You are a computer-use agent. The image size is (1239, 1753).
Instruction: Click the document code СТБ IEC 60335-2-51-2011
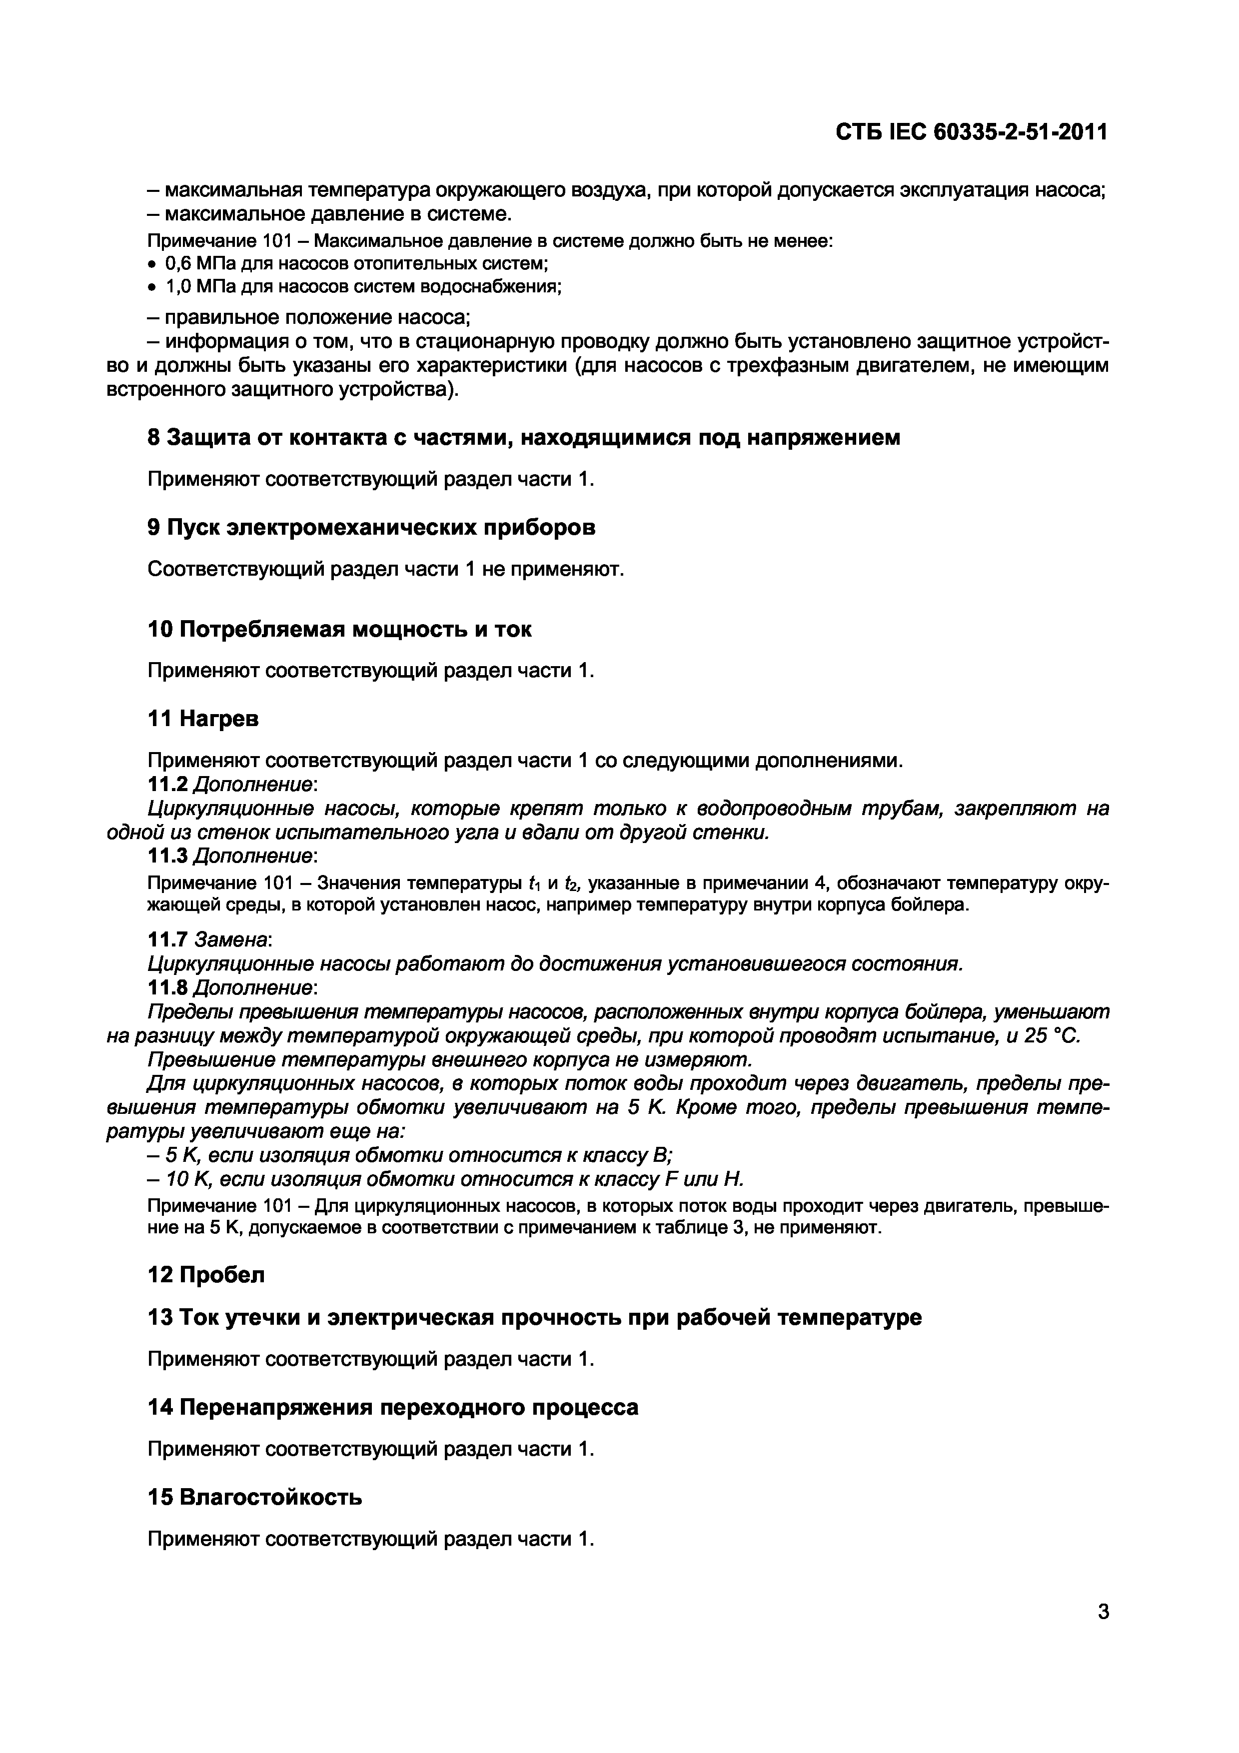(971, 133)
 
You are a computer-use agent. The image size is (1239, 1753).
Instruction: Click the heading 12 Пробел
(206, 1274)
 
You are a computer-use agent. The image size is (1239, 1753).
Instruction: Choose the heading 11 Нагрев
(203, 719)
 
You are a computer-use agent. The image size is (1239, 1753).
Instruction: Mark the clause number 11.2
(167, 784)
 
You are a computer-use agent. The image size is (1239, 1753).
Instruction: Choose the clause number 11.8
(167, 987)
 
